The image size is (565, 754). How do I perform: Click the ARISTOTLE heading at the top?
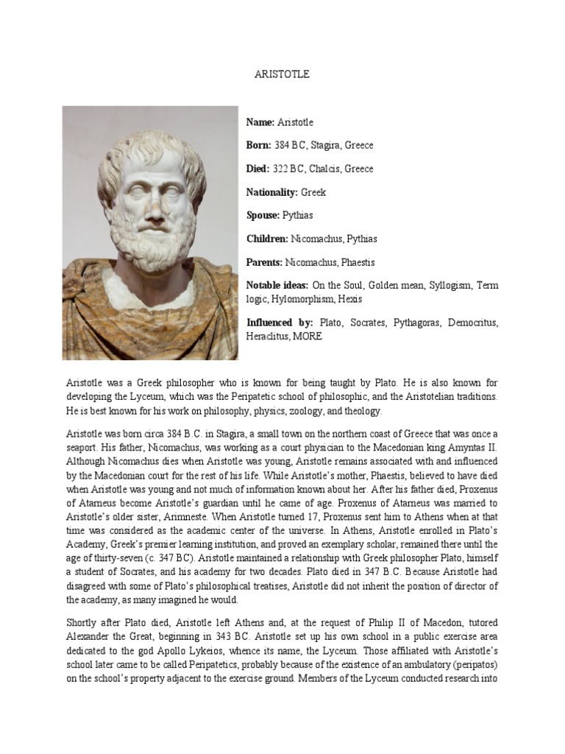coord(282,74)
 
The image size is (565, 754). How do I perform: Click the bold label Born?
coord(259,145)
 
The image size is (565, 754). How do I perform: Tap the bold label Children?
coord(267,239)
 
